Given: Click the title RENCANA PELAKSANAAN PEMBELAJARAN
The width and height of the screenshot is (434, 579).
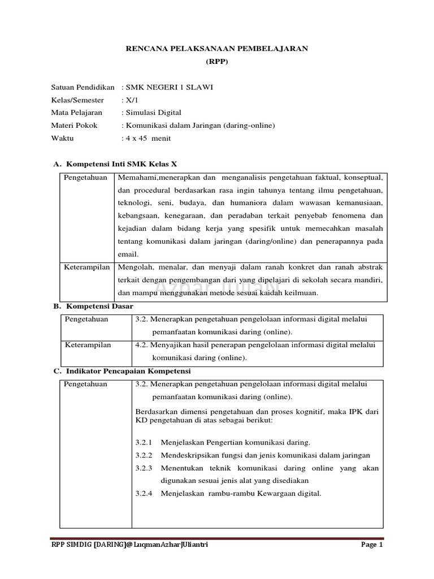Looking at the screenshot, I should pos(216,49).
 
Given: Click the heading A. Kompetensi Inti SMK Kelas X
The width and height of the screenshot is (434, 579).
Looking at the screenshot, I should pos(115,164).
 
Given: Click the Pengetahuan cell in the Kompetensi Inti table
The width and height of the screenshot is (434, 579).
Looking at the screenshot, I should pos(85,178).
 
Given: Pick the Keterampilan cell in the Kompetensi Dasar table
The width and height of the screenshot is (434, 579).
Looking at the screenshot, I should pos(88,345).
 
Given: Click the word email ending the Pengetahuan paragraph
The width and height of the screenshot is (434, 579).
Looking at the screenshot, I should pos(128,254).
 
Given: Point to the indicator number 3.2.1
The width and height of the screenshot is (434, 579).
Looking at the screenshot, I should pos(145,442).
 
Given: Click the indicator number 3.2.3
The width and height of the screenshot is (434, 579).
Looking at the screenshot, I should pos(145,468).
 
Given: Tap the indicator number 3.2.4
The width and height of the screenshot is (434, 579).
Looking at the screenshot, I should pos(145,493).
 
